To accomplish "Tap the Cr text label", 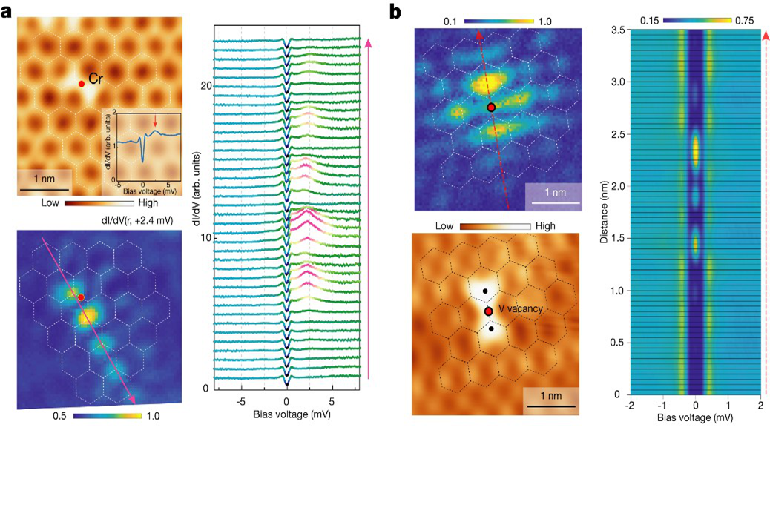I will click(96, 77).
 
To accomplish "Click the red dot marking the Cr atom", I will click(82, 84).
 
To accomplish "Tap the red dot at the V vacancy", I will click(488, 311).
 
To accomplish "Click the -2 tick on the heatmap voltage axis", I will click(629, 405).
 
